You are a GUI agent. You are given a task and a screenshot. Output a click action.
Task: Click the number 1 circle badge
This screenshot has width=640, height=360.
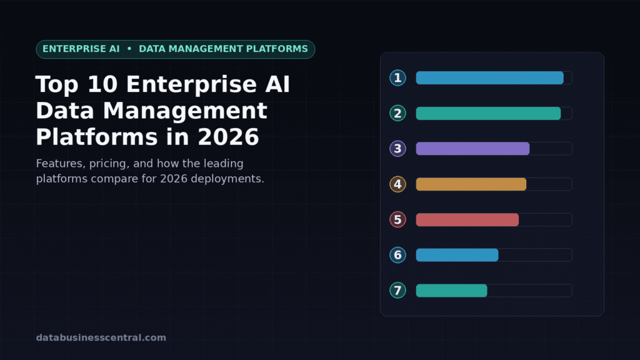pos(397,78)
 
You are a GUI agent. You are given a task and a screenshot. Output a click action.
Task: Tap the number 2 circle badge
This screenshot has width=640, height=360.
pos(397,114)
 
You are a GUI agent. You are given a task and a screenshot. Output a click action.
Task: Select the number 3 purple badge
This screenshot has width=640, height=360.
pos(397,149)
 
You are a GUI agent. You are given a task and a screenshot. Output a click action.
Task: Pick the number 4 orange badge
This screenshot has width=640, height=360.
pos(397,184)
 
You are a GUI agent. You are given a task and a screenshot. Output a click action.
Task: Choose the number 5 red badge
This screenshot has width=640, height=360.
pos(397,219)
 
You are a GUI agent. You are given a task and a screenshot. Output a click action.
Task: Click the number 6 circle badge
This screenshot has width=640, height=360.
pos(397,255)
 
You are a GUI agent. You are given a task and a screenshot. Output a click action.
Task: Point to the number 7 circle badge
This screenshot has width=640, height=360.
pos(397,291)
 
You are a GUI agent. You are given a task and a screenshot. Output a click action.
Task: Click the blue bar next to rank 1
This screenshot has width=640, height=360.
pos(490,78)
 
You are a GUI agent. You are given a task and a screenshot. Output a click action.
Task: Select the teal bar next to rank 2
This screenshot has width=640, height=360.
pos(488,114)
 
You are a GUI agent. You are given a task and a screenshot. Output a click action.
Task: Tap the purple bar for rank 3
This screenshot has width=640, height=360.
pos(472,149)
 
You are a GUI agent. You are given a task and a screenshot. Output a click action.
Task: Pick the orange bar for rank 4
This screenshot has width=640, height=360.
pos(471,184)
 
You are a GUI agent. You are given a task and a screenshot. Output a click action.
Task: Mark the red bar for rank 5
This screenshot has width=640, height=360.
pos(467,219)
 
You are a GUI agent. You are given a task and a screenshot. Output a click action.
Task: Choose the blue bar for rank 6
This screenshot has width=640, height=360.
pos(457,255)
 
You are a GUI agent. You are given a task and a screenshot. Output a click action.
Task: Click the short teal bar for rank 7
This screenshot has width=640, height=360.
pos(451,291)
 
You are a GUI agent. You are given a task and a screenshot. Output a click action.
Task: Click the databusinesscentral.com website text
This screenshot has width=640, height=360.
pos(101,337)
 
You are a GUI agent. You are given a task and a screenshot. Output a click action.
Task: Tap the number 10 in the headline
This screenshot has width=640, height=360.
pos(102,84)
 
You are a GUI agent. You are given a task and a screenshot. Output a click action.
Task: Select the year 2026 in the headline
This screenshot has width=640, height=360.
pos(228,137)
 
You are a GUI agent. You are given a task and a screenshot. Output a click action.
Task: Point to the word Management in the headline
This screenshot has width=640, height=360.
pos(185,111)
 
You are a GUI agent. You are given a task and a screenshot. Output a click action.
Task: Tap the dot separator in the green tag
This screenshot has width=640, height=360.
pos(129,49)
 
